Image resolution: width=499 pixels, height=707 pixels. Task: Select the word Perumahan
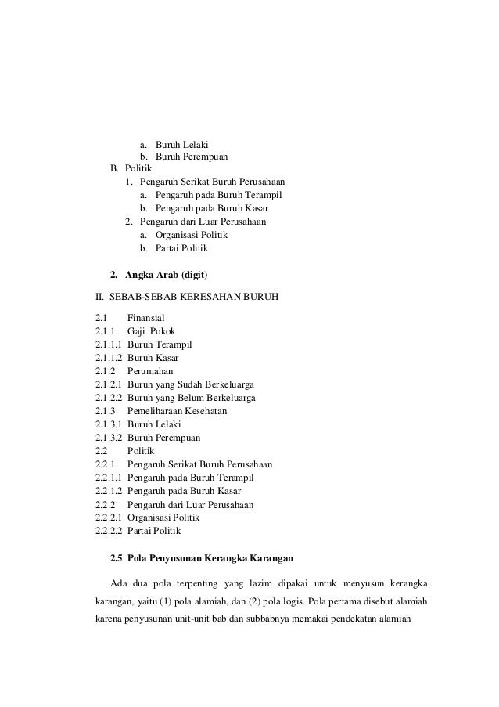tap(150, 371)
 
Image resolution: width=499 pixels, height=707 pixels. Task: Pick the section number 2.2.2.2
tap(108, 532)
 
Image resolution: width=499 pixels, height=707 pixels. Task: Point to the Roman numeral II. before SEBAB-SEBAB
tap(99, 298)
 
